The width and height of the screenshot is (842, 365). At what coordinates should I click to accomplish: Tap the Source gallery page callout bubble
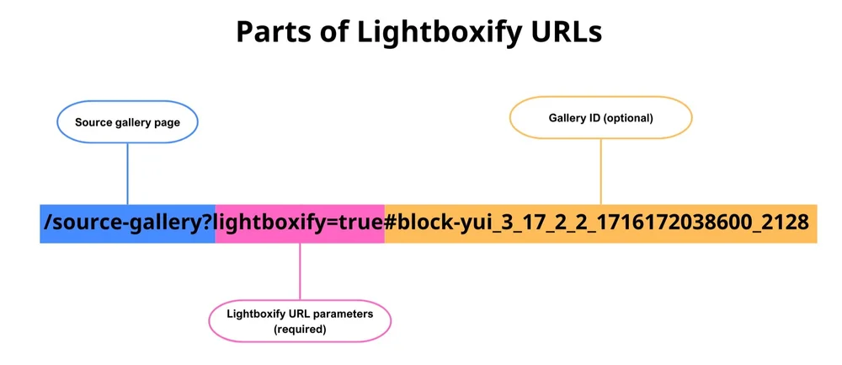(x=127, y=122)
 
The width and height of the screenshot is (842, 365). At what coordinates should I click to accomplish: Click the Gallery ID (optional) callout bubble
(x=600, y=118)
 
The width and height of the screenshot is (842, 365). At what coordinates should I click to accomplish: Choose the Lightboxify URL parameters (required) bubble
(x=301, y=320)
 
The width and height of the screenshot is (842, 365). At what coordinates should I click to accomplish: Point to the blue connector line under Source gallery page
(x=127, y=173)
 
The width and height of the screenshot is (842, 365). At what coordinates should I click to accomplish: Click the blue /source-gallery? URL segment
(x=126, y=223)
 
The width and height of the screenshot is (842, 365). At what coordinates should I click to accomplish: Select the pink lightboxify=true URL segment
(x=299, y=223)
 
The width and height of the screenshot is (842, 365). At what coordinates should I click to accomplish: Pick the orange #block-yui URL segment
(x=600, y=223)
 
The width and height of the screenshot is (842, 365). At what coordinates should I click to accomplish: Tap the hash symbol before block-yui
(x=391, y=223)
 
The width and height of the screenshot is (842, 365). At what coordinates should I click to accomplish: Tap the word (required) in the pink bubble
(x=301, y=329)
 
